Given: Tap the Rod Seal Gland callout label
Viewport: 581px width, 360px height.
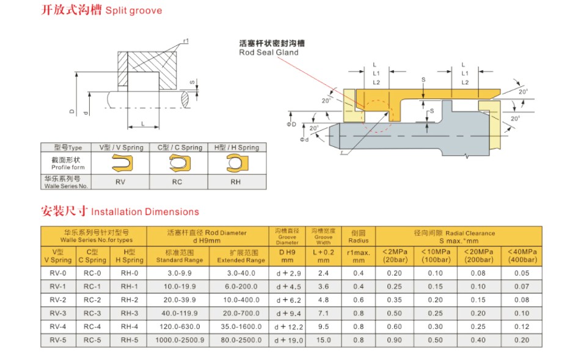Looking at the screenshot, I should [269, 48].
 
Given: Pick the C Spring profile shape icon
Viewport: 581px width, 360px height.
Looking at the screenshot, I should [178, 163].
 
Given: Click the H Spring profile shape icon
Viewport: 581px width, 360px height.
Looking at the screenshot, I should [235, 163].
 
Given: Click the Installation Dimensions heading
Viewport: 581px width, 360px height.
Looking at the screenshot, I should [120, 211].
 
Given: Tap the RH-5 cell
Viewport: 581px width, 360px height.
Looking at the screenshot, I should [130, 340].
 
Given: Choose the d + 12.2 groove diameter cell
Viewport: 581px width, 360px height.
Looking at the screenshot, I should [288, 327].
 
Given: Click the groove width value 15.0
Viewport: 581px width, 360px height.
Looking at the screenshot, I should [323, 340].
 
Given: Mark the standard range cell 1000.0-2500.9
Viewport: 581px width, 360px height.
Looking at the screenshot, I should [179, 340].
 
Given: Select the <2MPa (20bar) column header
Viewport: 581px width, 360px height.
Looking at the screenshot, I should [395, 255].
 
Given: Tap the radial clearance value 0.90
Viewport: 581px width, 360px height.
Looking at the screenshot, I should [395, 340].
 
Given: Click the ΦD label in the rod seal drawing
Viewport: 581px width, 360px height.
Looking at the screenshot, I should [293, 125].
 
